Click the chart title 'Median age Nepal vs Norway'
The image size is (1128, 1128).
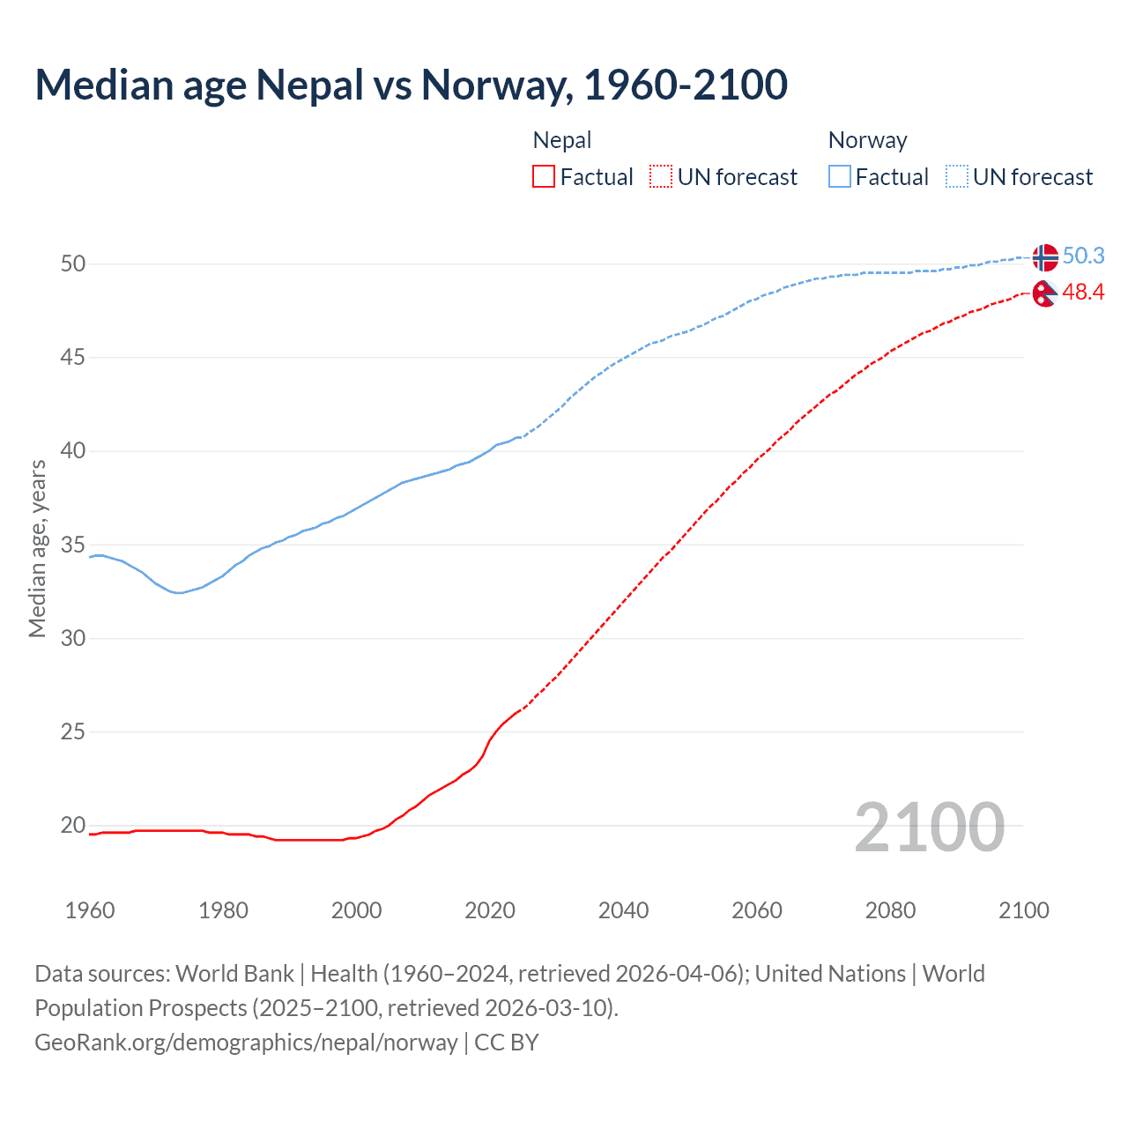tap(411, 85)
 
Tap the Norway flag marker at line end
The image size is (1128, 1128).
tap(1045, 257)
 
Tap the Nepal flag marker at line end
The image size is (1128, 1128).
tap(1045, 293)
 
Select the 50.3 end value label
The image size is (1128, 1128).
tap(1083, 256)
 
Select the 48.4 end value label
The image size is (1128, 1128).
tap(1083, 293)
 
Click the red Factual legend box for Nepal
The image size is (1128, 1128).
tap(544, 177)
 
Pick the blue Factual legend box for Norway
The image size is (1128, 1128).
tap(839, 177)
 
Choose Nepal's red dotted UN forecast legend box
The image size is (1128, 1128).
tap(661, 177)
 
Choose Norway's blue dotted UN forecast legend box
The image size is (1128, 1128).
tap(956, 177)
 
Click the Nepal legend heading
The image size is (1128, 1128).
tap(562, 140)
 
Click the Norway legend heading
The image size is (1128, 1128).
tap(867, 140)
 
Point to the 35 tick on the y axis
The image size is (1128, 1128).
tap(73, 545)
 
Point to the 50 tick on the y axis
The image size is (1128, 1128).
tap(73, 264)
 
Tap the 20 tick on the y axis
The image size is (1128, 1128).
tap(73, 826)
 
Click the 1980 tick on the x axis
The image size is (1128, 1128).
tap(223, 910)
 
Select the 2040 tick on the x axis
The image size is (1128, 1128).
tap(623, 910)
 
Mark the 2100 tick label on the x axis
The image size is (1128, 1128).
tap(1023, 910)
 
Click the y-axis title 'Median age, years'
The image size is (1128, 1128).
tap(37, 548)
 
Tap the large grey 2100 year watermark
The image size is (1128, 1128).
tap(929, 827)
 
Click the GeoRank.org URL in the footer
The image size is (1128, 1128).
tap(246, 1043)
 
